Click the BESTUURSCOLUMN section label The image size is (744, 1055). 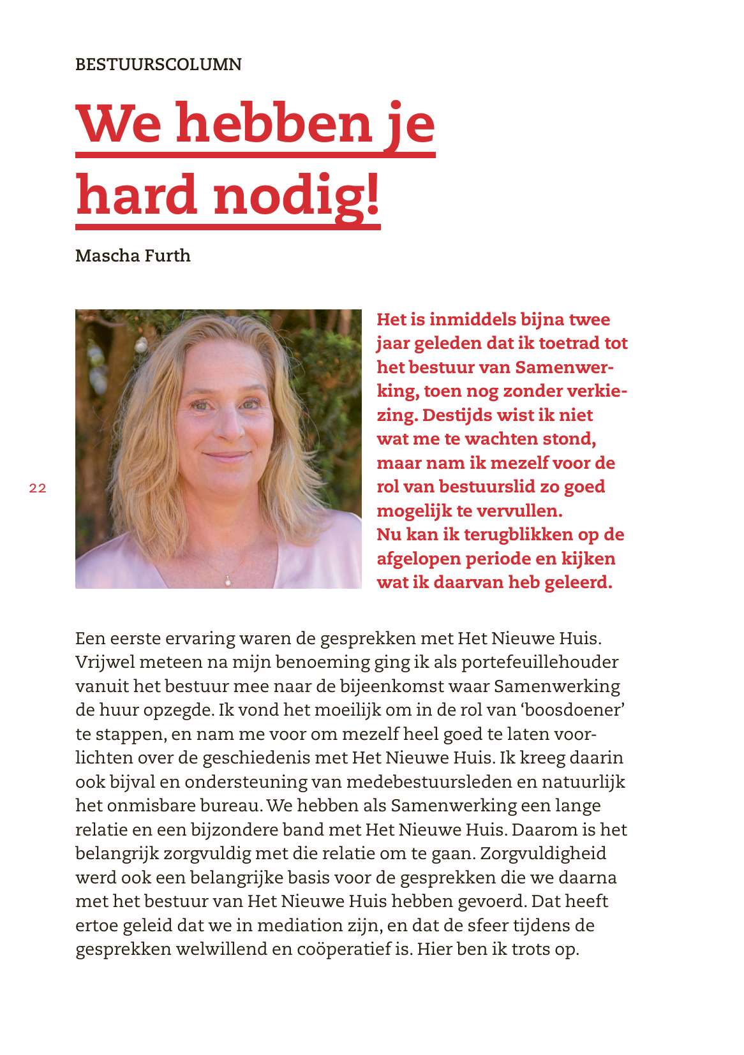pyautogui.click(x=158, y=64)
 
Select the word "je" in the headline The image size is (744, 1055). pyautogui.click(x=412, y=122)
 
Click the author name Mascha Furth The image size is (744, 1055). pyautogui.click(x=133, y=256)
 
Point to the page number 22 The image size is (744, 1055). pyautogui.click(x=38, y=489)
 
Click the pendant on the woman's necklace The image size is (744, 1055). pyautogui.click(x=227, y=580)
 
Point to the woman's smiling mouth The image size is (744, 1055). pyautogui.click(x=227, y=457)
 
